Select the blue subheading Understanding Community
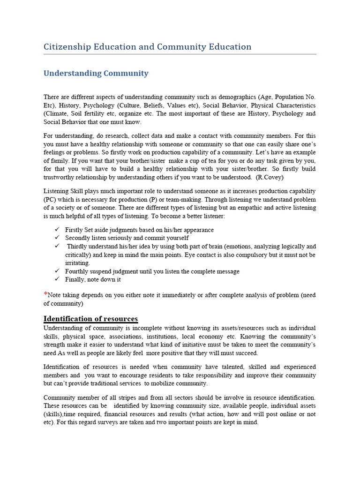[96, 73]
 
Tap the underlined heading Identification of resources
[90, 319]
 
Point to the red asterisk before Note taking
[45, 294]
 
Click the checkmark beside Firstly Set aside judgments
[57, 230]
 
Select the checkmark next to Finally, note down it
[57, 279]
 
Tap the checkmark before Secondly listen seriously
[57, 238]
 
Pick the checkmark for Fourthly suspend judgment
[57, 271]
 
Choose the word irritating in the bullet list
[77, 263]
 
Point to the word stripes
[123, 397]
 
